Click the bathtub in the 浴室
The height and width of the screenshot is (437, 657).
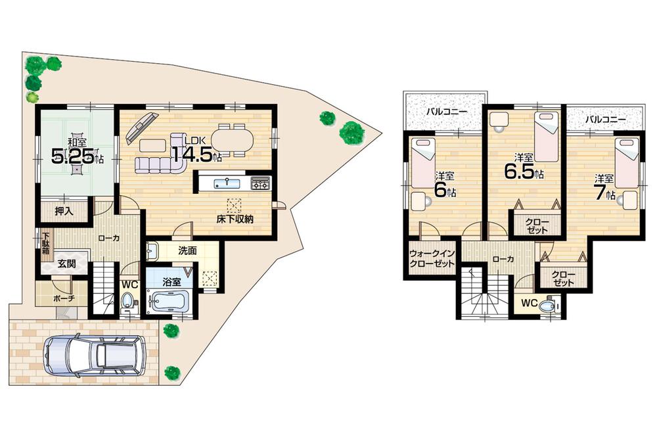(x=169, y=302)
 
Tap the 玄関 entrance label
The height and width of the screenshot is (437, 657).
(x=65, y=264)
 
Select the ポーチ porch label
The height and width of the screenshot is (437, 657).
(x=63, y=298)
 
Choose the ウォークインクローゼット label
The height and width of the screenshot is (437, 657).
(x=432, y=258)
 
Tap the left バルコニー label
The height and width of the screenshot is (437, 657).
(x=447, y=112)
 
